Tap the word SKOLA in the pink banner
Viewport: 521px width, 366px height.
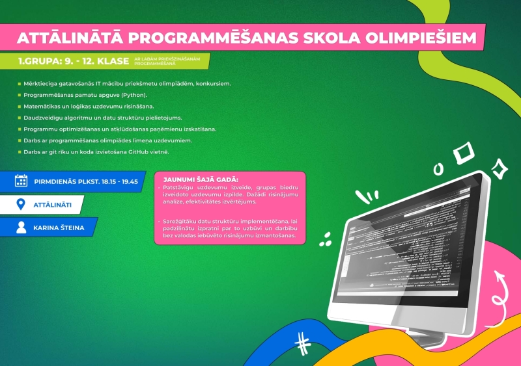click(326, 38)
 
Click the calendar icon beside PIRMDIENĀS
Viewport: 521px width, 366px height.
click(21, 181)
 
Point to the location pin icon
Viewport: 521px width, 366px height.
click(21, 205)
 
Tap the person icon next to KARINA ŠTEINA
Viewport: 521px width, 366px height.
click(21, 228)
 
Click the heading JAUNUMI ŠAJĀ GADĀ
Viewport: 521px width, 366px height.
click(197, 178)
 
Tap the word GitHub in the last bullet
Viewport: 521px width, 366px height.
click(139, 151)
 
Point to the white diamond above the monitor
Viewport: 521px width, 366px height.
click(464, 153)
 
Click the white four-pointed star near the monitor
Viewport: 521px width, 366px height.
click(500, 168)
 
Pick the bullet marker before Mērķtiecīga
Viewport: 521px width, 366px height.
click(20, 84)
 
